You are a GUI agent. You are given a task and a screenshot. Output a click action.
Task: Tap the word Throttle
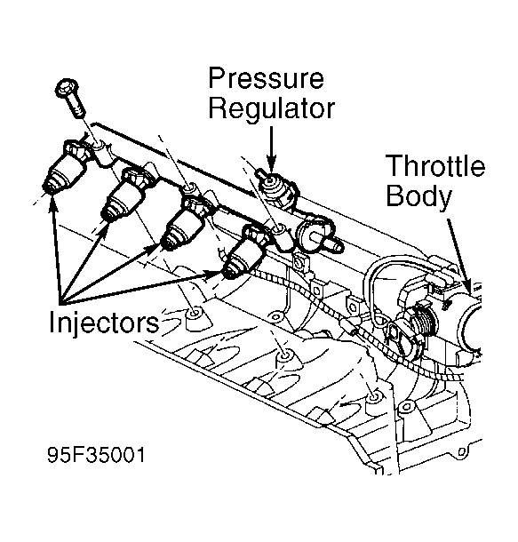434,167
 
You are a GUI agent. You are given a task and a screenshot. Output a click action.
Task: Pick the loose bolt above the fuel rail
72,97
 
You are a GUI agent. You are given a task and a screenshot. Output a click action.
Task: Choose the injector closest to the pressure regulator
243,252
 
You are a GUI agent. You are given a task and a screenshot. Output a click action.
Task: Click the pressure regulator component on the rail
276,186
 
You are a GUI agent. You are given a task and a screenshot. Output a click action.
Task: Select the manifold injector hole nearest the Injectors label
193,316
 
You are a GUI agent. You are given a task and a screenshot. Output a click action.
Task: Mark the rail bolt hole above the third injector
188,187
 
